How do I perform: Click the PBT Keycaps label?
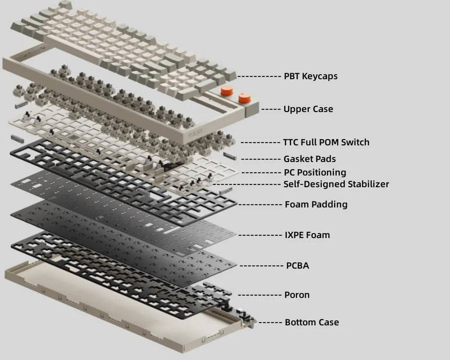pos(310,76)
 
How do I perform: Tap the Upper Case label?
pos(308,109)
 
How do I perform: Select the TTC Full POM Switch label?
pos(326,142)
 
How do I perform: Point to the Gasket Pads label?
pos(310,159)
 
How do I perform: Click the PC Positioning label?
pos(315,172)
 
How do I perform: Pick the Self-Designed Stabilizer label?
pos(336,184)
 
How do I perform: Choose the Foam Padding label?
pos(316,204)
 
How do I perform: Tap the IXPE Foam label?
pos(307,235)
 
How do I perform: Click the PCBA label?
pos(297,265)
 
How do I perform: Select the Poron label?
pos(297,295)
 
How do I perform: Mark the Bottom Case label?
pos(312,322)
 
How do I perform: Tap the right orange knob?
pos(244,97)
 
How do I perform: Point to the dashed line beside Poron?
pos(260,295)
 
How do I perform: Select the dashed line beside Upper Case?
pos(271,109)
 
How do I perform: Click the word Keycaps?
pos(320,76)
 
